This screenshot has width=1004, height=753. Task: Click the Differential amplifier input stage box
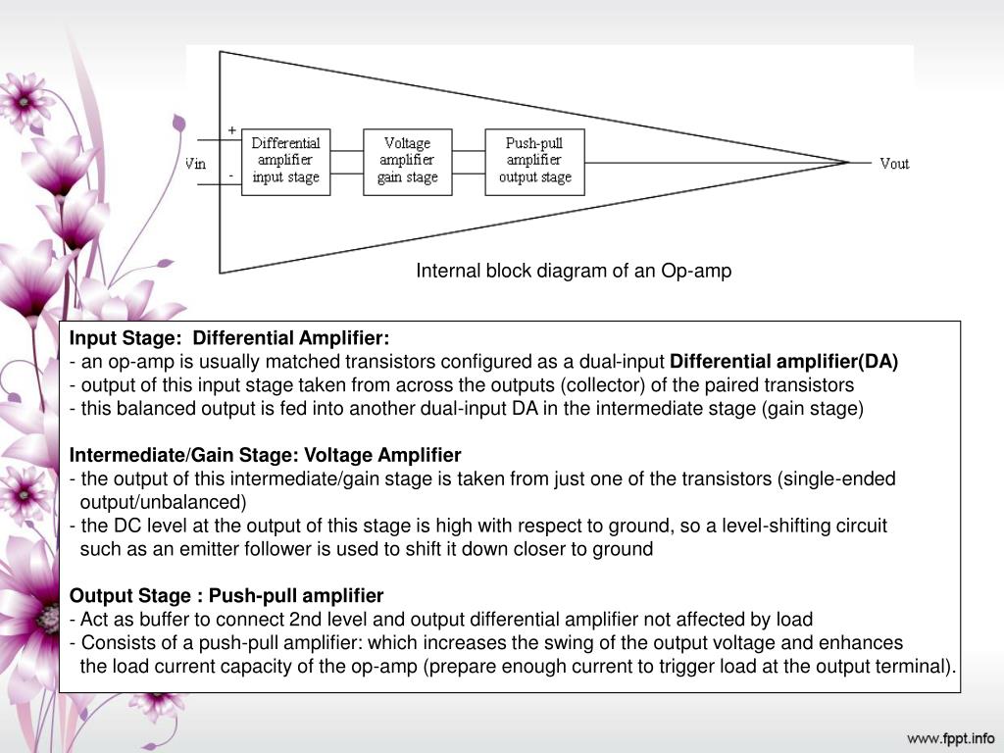point(286,161)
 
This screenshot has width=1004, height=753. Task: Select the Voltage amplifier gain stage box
point(408,161)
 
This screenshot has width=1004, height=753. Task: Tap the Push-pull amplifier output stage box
point(534,161)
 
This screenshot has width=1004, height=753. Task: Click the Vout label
point(894,164)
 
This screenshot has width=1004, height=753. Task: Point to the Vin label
point(196,164)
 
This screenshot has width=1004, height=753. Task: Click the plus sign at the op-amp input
point(232,129)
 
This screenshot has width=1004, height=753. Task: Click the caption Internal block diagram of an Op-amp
point(574,271)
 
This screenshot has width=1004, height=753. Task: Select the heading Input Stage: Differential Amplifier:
point(228,338)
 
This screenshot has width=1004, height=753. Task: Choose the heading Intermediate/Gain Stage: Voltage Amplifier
point(265,455)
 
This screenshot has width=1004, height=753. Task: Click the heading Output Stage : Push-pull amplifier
point(226,595)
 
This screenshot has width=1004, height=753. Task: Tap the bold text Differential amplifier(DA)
point(790,361)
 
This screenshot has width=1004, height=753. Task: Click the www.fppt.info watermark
point(950,737)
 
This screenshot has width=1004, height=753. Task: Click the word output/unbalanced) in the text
point(163,502)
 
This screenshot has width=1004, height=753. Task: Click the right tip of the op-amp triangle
point(849,162)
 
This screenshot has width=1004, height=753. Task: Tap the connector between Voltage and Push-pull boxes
point(469,161)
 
